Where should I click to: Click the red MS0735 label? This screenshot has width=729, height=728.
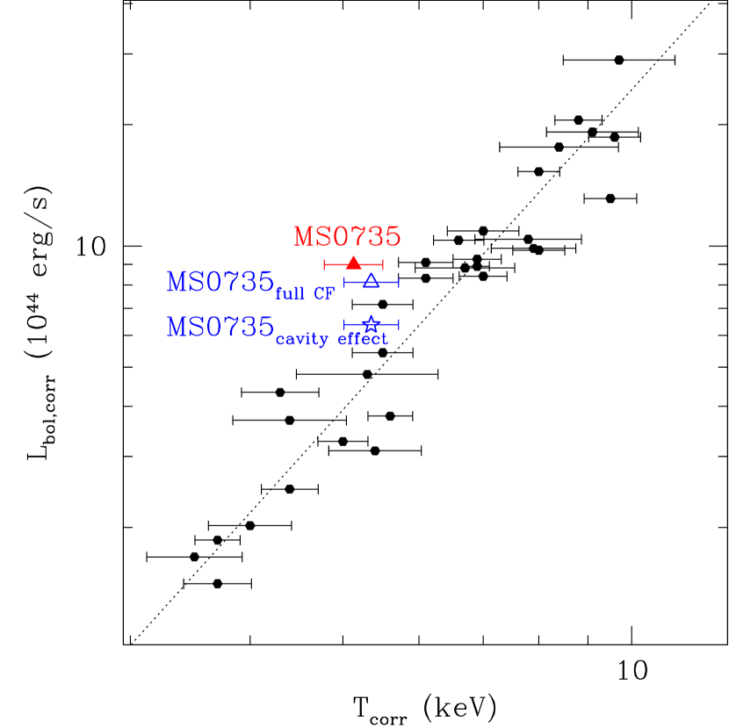pos(347,237)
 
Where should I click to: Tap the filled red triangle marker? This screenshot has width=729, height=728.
pos(353,263)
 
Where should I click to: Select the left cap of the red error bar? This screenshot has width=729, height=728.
pos(324,264)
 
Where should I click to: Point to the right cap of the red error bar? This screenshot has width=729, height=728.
pos(383,264)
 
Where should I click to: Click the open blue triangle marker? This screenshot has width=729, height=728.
pos(372,280)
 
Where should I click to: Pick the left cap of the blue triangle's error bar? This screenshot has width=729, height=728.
pos(344,282)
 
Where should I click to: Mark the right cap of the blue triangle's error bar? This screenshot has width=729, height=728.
pos(399,282)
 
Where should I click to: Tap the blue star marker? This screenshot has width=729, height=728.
pos(371,324)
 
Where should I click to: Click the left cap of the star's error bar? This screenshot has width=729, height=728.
pos(344,324)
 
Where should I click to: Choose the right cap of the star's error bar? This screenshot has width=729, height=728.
pos(399,324)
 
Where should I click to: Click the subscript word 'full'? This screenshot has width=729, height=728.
pos(290,294)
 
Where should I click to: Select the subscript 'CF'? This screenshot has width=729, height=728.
pos(324,294)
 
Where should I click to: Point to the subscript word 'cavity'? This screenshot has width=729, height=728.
pos(301,340)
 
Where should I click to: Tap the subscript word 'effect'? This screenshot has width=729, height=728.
pos(363,339)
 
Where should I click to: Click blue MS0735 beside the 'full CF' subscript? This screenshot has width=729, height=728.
pos(220,283)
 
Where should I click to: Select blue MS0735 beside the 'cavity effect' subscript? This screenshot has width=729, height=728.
pos(220,328)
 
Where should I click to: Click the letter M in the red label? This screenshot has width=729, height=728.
pos(304,237)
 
